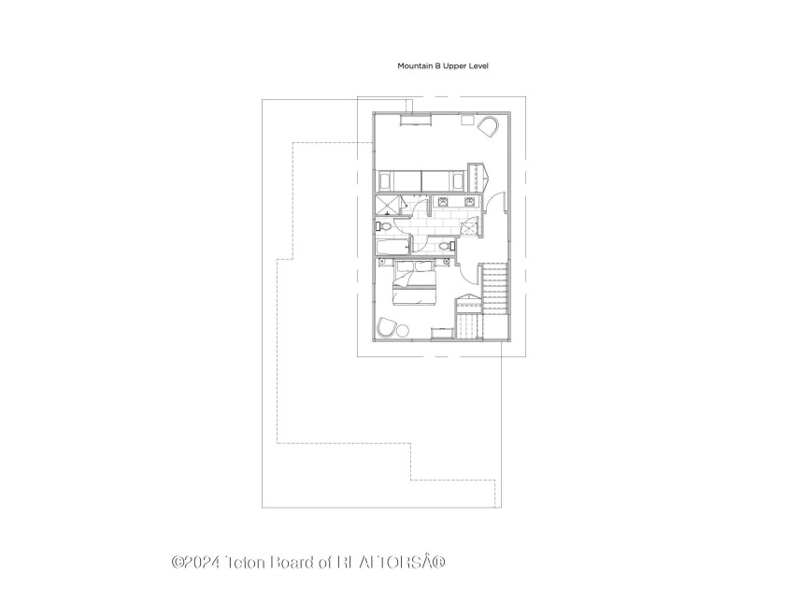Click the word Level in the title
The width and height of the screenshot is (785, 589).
pyautogui.click(x=478, y=65)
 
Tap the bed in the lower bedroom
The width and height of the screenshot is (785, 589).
pyautogui.click(x=416, y=283)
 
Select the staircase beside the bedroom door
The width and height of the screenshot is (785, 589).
pyautogui.click(x=495, y=289)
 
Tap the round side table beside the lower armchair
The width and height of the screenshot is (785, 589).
pyautogui.click(x=402, y=330)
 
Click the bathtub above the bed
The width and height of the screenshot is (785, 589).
pyautogui.click(x=393, y=247)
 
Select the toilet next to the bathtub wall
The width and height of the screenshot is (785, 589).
pyautogui.click(x=384, y=226)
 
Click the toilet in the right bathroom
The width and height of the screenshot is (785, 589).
pyautogui.click(x=446, y=246)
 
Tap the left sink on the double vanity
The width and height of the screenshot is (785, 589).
pyautogui.click(x=443, y=202)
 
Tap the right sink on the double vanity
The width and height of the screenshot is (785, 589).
pyautogui.click(x=469, y=202)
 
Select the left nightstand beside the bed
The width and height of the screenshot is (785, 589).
pyautogui.click(x=383, y=262)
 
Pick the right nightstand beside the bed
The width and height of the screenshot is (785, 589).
pyautogui.click(x=445, y=262)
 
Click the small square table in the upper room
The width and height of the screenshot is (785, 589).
pyautogui.click(x=467, y=121)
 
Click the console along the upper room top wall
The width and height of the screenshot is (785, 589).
pyautogui.click(x=415, y=121)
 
